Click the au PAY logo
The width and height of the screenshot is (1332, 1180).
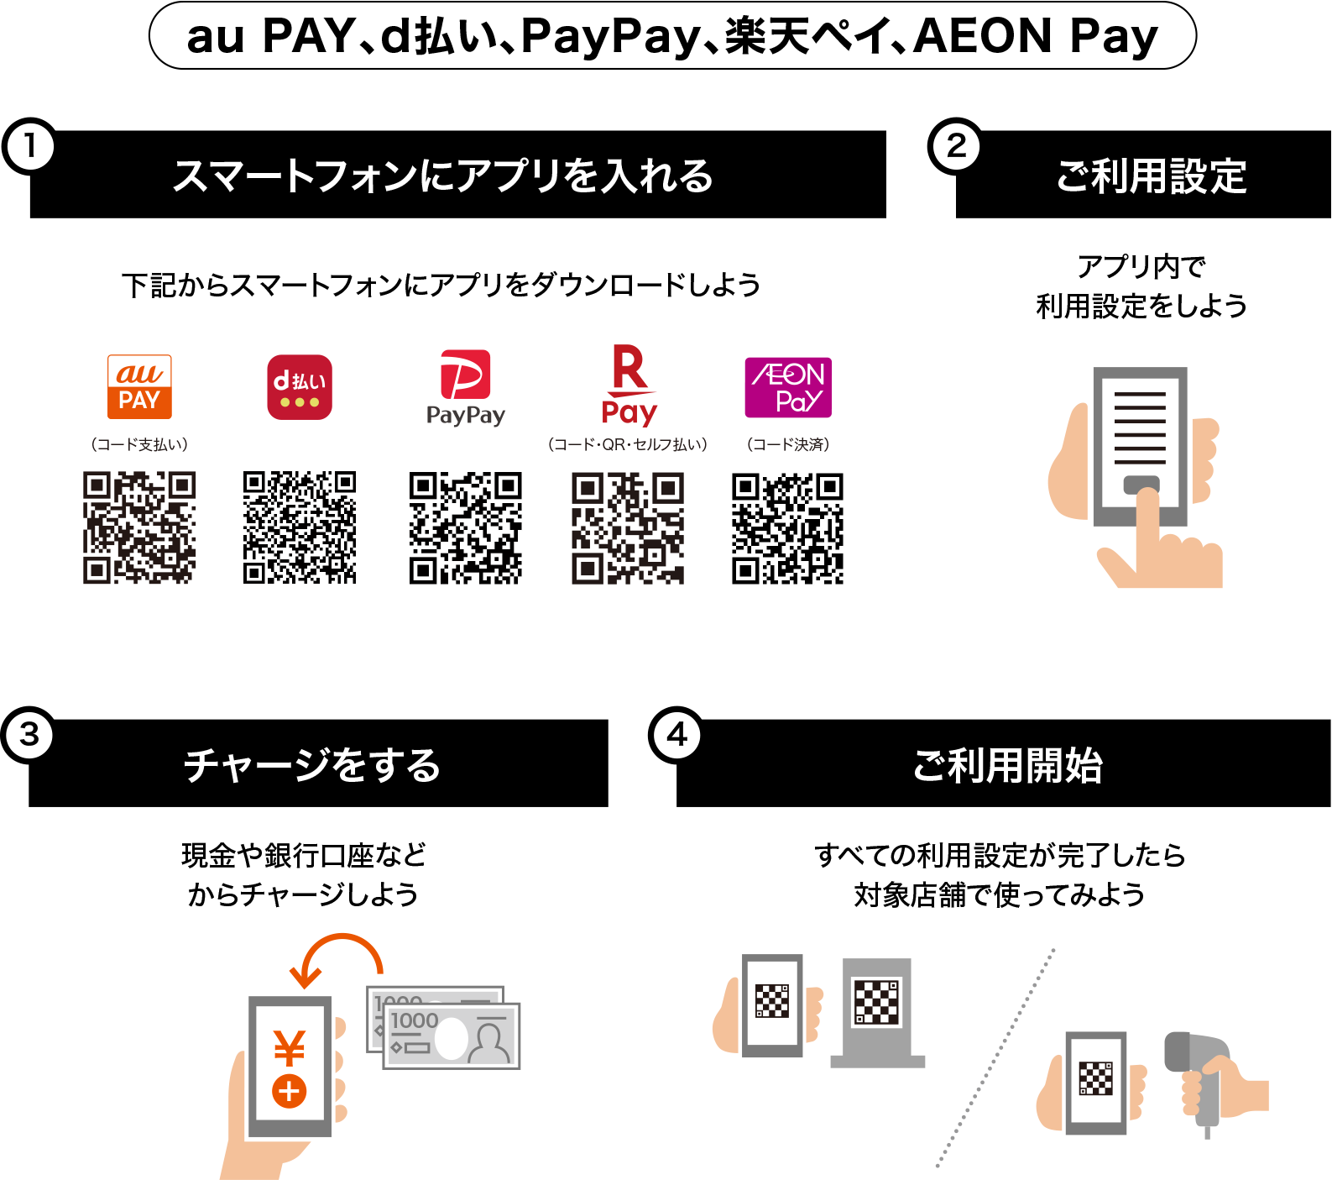pyautogui.click(x=139, y=386)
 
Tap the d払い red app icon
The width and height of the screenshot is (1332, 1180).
pyautogui.click(x=300, y=387)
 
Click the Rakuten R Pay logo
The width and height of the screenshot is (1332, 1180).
pyautogui.click(x=629, y=385)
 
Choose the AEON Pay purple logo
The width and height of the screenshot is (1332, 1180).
pyautogui.click(x=788, y=387)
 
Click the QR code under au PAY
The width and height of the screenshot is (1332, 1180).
pyautogui.click(x=139, y=527)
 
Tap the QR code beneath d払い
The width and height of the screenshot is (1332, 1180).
pyautogui.click(x=300, y=527)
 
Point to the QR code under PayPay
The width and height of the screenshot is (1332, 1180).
pyautogui.click(x=466, y=527)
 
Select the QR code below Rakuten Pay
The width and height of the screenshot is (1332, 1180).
pyautogui.click(x=628, y=527)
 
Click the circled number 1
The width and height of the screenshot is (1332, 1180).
pyautogui.click(x=30, y=147)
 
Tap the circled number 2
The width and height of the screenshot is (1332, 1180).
pyautogui.click(x=956, y=147)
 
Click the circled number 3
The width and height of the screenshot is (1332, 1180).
pyautogui.click(x=29, y=735)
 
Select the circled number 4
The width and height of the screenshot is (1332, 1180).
pyautogui.click(x=676, y=735)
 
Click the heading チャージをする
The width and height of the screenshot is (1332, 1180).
pyautogui.click(x=312, y=765)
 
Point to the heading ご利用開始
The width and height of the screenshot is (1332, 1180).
pyautogui.click(x=1007, y=765)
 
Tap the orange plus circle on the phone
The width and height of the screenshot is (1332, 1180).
pyautogui.click(x=289, y=1092)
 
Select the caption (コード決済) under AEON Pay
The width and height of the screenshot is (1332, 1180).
pyautogui.click(x=788, y=444)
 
